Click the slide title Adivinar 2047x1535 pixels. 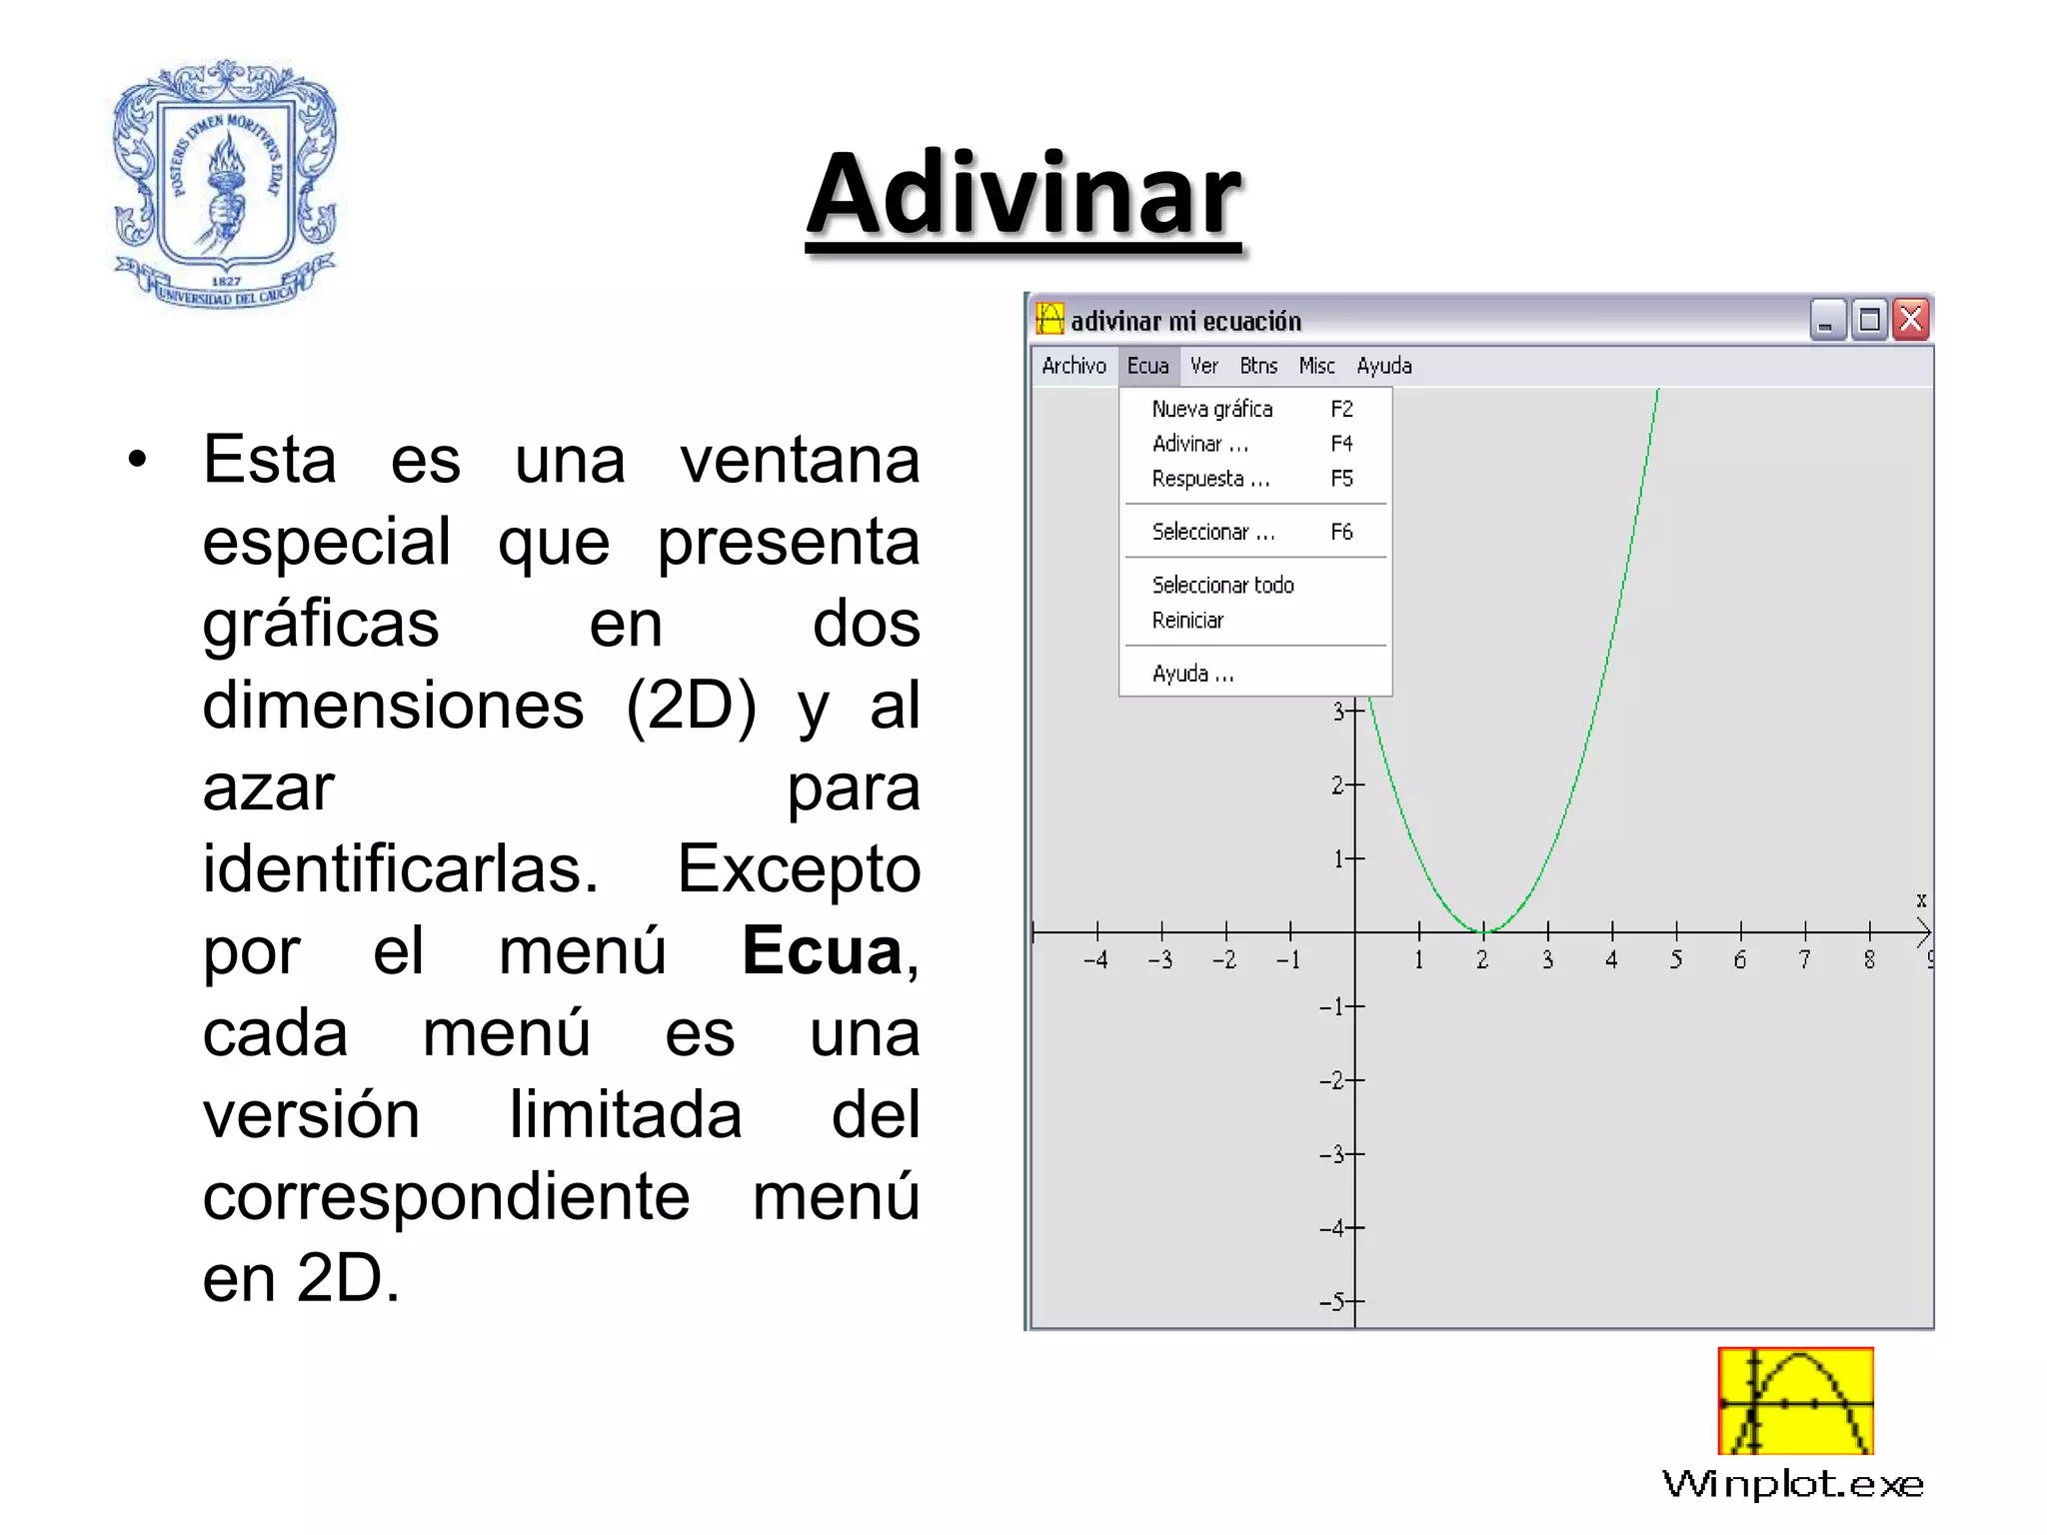click(x=1024, y=195)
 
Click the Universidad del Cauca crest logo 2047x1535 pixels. click(x=226, y=185)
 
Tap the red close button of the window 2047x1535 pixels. click(x=1911, y=321)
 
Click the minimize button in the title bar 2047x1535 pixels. click(x=1827, y=321)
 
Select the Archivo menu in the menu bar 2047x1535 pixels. click(x=1073, y=366)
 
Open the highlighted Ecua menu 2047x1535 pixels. click(x=1147, y=366)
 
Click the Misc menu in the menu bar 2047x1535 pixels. click(x=1316, y=366)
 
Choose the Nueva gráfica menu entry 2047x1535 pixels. click(x=1212, y=409)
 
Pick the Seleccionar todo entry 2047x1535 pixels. click(x=1222, y=585)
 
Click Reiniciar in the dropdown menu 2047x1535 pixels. click(x=1187, y=621)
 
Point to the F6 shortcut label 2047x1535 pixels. click(x=1341, y=532)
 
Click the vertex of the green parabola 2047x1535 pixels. click(x=1484, y=931)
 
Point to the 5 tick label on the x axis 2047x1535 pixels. click(x=1676, y=960)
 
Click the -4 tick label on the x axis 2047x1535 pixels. click(x=1095, y=960)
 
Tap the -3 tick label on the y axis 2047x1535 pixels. click(x=1333, y=1154)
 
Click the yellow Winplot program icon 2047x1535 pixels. click(x=1795, y=1401)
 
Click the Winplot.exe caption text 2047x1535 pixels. click(x=1793, y=1484)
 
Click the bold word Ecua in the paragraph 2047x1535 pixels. click(x=823, y=950)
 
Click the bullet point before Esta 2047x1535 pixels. click(x=137, y=460)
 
